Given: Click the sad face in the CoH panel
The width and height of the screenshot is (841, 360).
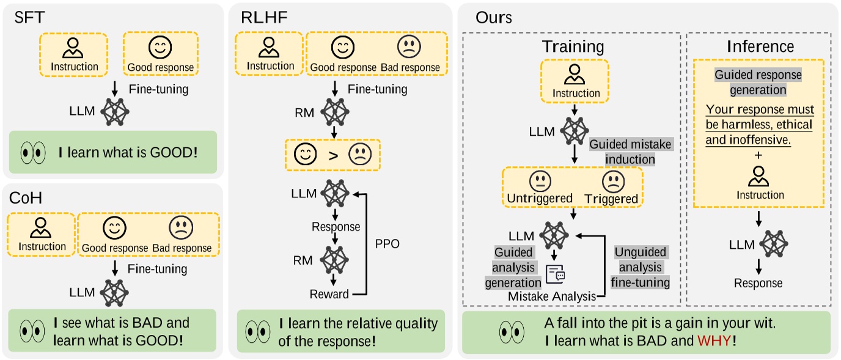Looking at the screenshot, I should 181,229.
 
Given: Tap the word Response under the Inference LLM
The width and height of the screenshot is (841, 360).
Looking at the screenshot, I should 758,283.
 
